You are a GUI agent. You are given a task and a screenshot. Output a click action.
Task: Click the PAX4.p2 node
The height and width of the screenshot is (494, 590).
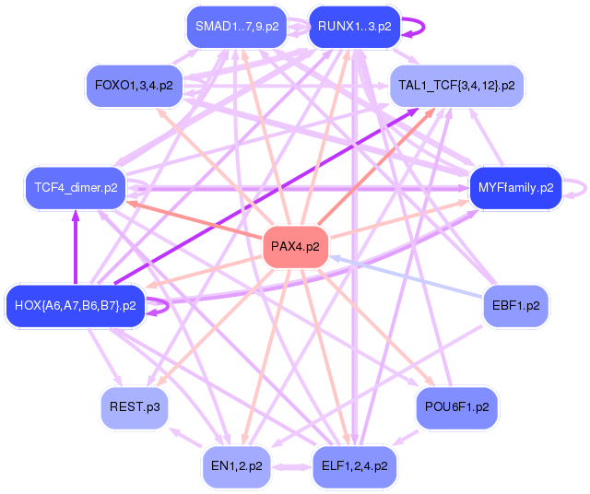click(296, 246)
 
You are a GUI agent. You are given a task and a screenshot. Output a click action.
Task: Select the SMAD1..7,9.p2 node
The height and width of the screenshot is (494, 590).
click(236, 27)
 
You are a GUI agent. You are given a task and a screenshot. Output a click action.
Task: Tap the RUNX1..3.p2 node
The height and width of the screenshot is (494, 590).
click(354, 27)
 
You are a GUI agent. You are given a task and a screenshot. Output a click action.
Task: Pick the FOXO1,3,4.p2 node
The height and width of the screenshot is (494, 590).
click(134, 85)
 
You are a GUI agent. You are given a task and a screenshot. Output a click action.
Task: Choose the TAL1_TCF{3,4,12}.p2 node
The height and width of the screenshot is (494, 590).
click(456, 86)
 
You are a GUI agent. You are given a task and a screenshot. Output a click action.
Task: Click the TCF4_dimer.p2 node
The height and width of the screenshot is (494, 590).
click(76, 188)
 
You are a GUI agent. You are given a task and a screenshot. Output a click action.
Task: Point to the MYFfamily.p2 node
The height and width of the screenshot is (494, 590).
click(515, 187)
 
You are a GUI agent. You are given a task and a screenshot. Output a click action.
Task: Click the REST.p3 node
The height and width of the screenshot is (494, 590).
click(135, 406)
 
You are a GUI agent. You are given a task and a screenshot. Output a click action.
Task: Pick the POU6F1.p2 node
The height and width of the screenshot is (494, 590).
click(457, 406)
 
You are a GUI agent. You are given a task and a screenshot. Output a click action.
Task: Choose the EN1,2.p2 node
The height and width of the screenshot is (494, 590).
click(237, 466)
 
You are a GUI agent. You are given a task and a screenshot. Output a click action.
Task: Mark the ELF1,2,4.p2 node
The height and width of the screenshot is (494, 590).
click(355, 466)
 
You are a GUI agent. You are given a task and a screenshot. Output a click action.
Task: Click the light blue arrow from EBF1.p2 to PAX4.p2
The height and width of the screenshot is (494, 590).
click(406, 277)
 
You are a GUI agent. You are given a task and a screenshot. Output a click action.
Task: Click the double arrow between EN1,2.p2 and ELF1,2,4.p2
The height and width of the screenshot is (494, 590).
click(295, 467)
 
